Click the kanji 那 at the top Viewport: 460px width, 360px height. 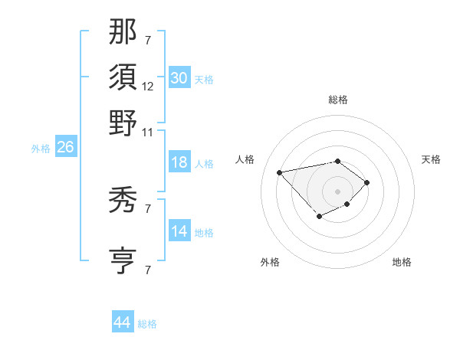click(123, 32)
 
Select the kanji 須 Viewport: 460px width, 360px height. click(123, 77)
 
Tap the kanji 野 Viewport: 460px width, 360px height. click(123, 122)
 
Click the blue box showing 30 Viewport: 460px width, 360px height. click(179, 77)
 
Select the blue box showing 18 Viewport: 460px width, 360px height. click(179, 162)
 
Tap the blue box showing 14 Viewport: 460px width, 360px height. click(179, 231)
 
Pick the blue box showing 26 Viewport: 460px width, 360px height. click(65, 148)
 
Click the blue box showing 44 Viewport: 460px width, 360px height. click(123, 322)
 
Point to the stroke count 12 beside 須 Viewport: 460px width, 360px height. click(148, 87)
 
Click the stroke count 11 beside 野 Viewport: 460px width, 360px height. click(148, 131)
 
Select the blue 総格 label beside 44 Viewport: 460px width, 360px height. click(147, 324)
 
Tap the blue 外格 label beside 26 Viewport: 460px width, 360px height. click(41, 149)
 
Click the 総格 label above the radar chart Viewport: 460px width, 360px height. click(337, 100)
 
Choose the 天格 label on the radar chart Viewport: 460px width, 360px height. click(431, 159)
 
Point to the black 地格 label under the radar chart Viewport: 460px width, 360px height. click(402, 262)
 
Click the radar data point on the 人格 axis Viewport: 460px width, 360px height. click(280, 172)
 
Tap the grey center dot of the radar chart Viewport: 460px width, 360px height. click(337, 191)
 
